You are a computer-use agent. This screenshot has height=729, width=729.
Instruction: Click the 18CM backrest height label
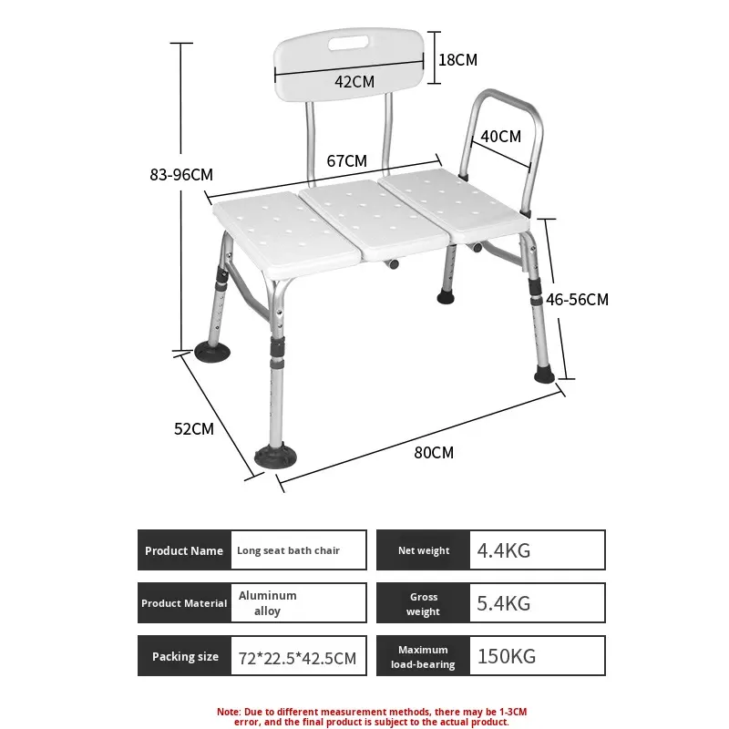point(458,60)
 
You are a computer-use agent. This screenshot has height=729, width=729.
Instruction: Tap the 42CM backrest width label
point(354,82)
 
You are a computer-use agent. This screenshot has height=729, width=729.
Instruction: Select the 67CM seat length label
point(346,161)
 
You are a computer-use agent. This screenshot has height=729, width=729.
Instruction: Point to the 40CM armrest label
point(500,137)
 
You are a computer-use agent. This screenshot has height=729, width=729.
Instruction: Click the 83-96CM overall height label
point(181,175)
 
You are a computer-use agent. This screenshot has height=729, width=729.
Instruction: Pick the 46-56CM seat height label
point(577,300)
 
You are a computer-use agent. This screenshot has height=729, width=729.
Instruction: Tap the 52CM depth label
point(194,428)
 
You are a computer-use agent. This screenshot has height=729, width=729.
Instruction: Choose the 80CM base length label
point(434,452)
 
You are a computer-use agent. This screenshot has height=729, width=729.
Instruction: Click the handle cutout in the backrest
point(349,43)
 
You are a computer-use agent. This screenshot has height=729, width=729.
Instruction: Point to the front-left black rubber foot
point(275,457)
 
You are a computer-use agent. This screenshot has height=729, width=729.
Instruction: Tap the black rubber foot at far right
point(544,375)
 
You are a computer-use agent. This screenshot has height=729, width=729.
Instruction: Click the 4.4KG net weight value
point(504,550)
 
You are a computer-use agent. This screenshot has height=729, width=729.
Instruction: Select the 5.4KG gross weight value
point(504,603)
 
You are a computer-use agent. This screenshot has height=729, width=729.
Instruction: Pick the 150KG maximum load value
point(507,656)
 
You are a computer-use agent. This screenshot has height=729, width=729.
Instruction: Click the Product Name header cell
point(185,550)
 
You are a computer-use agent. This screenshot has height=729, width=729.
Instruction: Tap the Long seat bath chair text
point(288,550)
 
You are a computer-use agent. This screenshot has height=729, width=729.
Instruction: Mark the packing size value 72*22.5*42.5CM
point(298,658)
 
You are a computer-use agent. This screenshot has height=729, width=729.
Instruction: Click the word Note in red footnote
point(229,712)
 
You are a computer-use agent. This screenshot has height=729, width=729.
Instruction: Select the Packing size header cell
point(185,656)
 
